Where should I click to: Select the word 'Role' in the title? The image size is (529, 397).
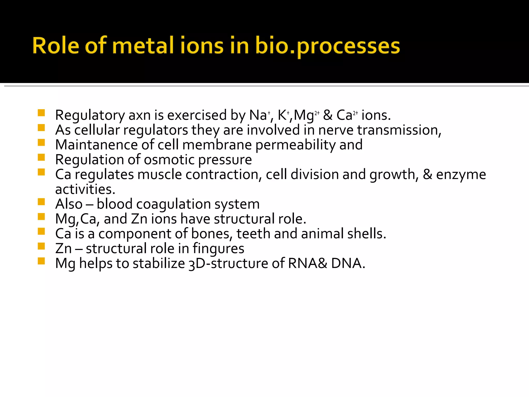point(56,46)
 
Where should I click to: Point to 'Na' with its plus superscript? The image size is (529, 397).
point(259,115)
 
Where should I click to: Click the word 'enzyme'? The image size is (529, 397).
point(461,175)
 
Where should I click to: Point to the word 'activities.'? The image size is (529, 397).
point(85,189)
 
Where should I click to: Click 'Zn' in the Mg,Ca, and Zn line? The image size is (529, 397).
point(139,219)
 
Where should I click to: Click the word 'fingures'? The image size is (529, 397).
point(218,249)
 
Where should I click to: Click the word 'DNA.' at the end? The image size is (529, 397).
point(348,263)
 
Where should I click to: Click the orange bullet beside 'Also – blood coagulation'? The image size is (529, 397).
point(41,202)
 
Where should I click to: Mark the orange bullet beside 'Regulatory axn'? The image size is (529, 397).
point(41,113)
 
